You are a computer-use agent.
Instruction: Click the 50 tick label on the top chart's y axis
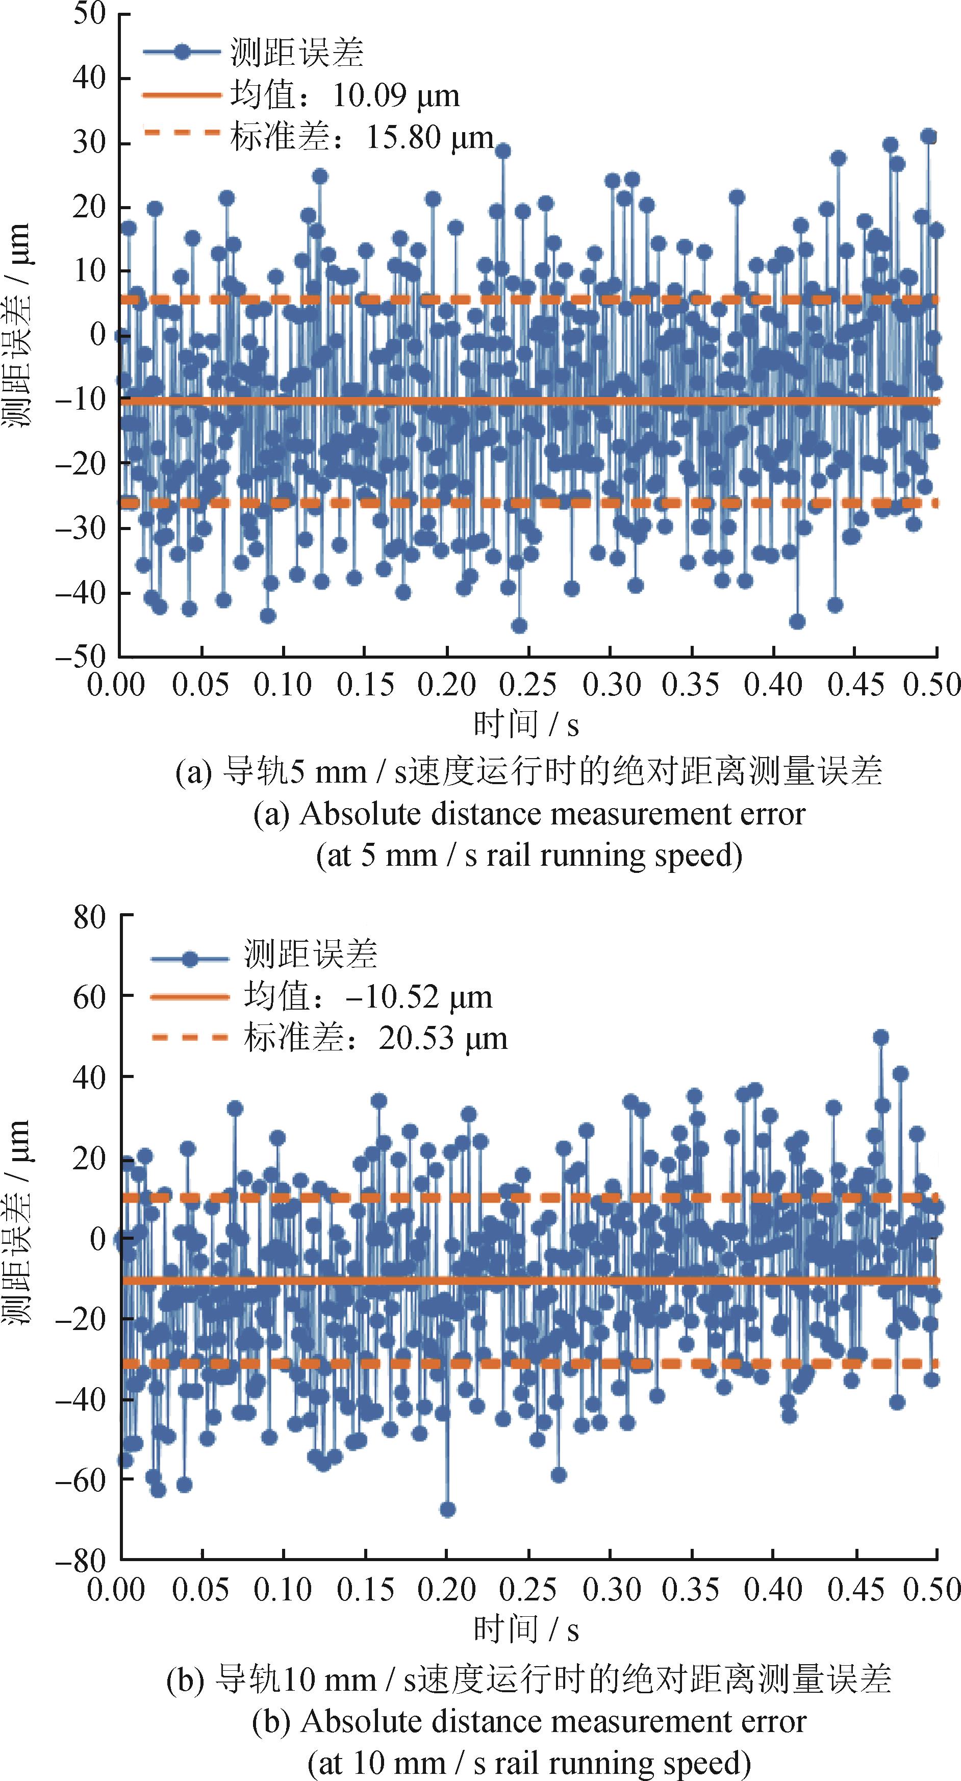pyautogui.click(x=89, y=14)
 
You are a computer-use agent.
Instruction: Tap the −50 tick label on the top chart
pyautogui.click(x=82, y=656)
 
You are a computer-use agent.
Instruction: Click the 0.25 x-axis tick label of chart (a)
pyautogui.click(x=527, y=685)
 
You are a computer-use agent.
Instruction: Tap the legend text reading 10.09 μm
pyautogui.click(x=395, y=95)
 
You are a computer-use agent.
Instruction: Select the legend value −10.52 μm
pyautogui.click(x=428, y=996)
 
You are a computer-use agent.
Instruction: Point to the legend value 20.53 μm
pyautogui.click(x=442, y=1038)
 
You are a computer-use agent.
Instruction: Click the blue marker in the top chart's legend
pyautogui.click(x=182, y=53)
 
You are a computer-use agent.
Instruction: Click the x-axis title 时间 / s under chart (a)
pyautogui.click(x=525, y=724)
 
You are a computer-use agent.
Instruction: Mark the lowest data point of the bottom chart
pyautogui.click(x=447, y=1509)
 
